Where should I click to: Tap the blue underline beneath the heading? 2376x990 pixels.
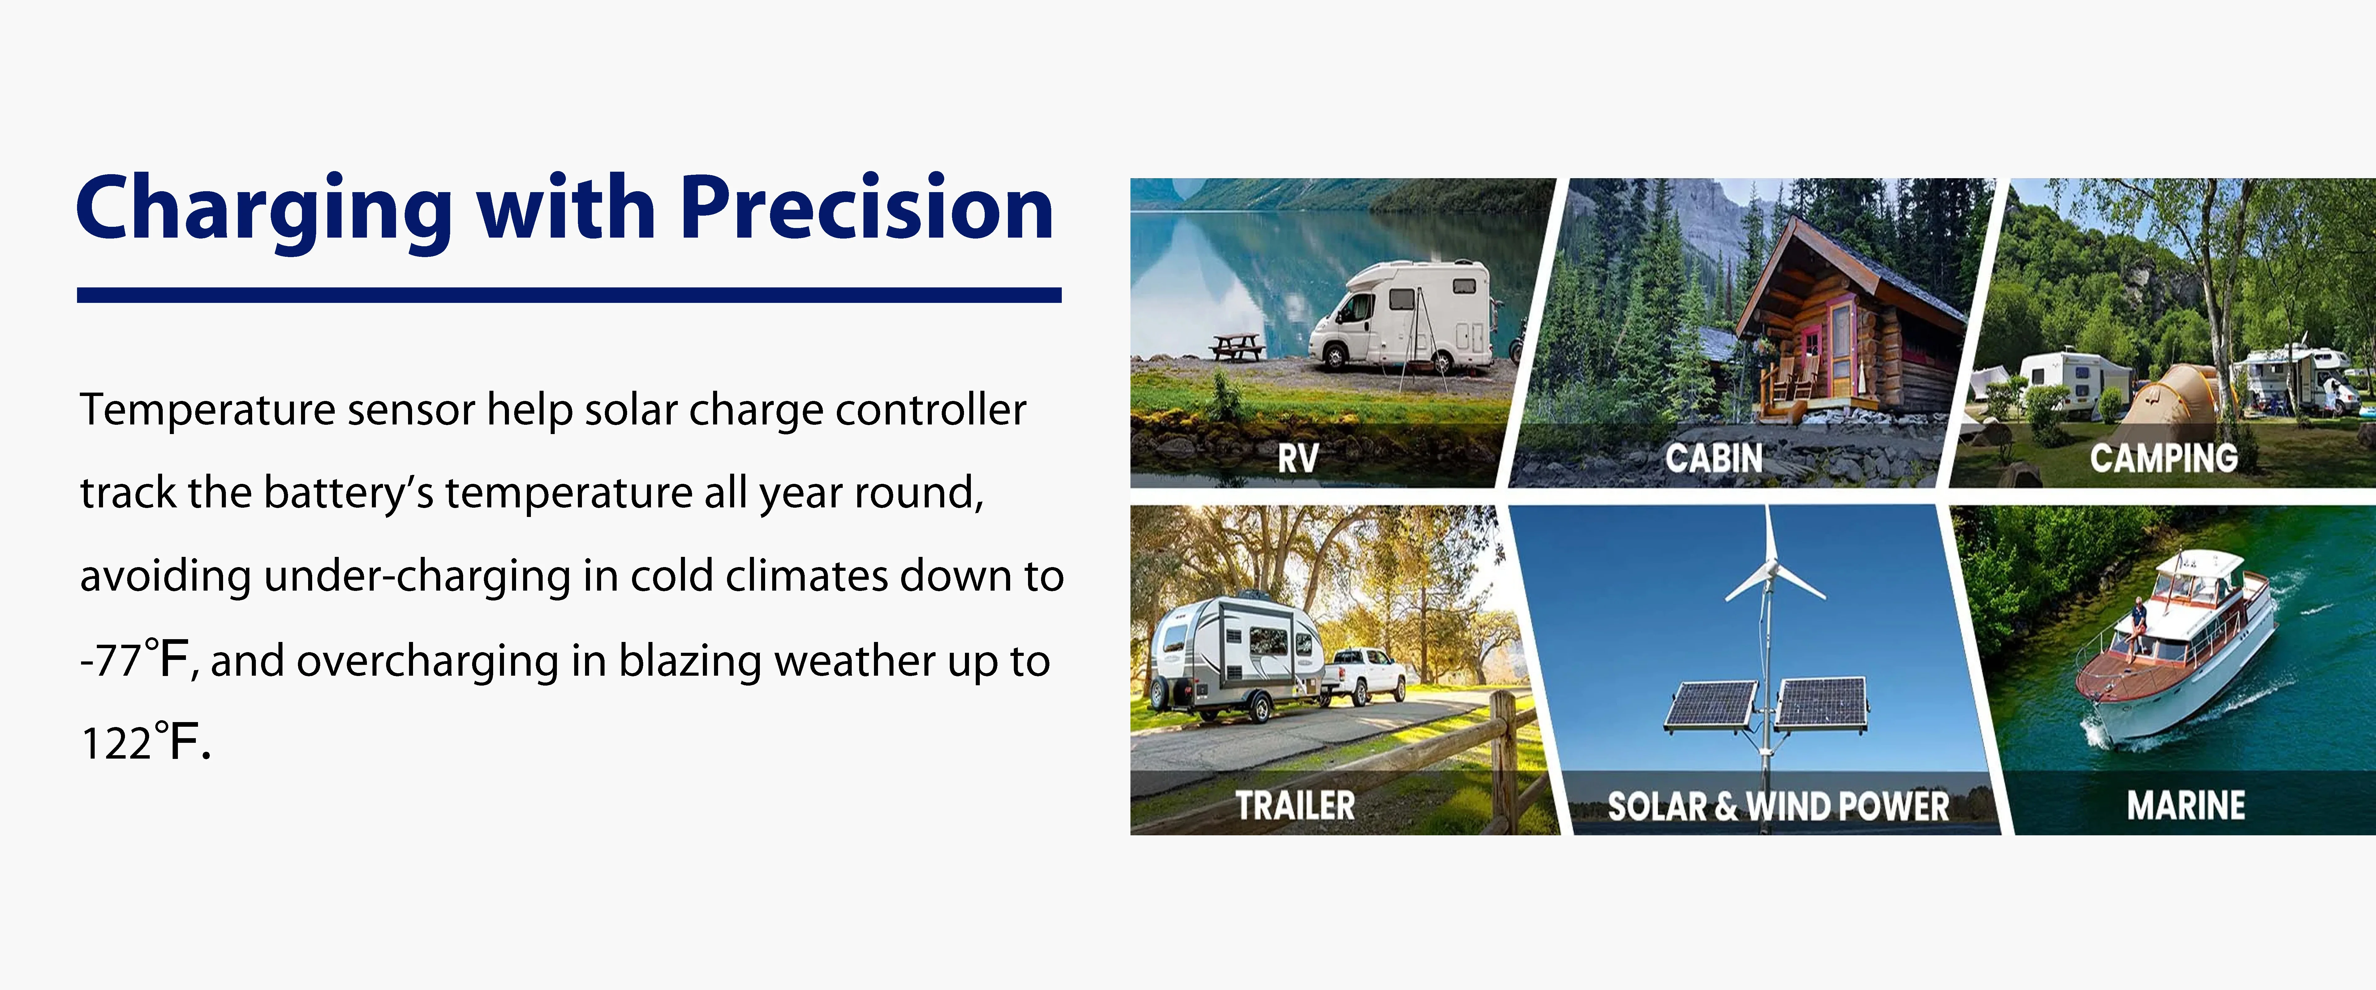point(569,295)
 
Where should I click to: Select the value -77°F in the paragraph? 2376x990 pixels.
point(135,660)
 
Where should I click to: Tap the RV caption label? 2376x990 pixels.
point(1298,458)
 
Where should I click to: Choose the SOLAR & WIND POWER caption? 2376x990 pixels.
point(1778,807)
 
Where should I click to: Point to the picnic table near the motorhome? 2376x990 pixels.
point(1237,347)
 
